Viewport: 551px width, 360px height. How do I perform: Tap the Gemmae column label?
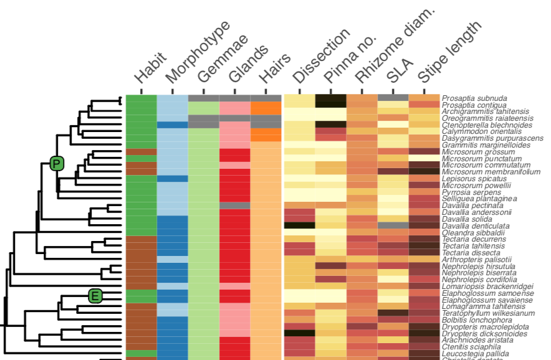click(221, 59)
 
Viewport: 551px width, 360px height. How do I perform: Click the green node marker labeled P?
click(57, 164)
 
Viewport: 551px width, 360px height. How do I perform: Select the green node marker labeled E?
click(95, 296)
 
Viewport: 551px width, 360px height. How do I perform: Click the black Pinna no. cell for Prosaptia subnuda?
click(330, 98)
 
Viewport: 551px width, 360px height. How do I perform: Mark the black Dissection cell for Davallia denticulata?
click(299, 225)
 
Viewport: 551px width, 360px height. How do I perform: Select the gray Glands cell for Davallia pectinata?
click(235, 206)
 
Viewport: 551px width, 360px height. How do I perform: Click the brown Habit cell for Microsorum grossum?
click(141, 152)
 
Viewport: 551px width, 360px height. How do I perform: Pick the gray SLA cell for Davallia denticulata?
click(393, 225)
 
